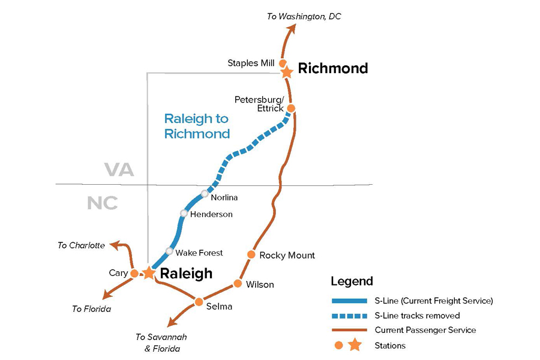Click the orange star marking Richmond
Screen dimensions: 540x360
click(x=287, y=73)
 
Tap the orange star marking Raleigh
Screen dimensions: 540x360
click(x=149, y=272)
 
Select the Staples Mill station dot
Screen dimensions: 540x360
click(x=283, y=64)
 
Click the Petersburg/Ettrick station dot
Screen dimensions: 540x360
click(x=291, y=108)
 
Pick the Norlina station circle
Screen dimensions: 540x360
click(x=205, y=194)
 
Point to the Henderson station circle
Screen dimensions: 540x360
click(x=184, y=214)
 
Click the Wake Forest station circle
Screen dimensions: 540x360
click(x=169, y=251)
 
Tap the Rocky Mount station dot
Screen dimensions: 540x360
click(x=251, y=254)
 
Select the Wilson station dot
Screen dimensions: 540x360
click(x=238, y=284)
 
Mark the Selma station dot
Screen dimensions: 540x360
click(x=199, y=302)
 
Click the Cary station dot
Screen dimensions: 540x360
click(x=134, y=274)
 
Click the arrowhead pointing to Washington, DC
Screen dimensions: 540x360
click(x=292, y=29)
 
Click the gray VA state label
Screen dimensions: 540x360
click(x=119, y=169)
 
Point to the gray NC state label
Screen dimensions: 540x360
click(x=102, y=203)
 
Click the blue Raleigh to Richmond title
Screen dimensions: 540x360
click(x=197, y=126)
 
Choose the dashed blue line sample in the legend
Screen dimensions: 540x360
click(x=350, y=316)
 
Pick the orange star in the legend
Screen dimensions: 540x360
click(x=355, y=345)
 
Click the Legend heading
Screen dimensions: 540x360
click(x=352, y=281)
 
